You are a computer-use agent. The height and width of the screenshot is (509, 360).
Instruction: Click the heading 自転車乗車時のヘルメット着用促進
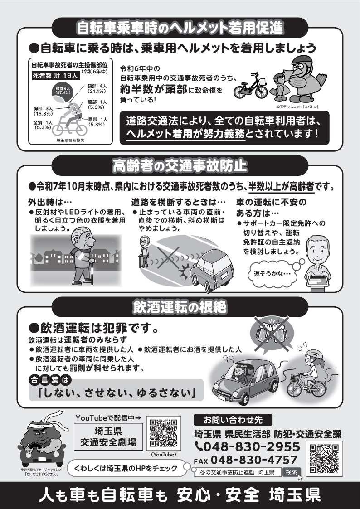click(180, 27)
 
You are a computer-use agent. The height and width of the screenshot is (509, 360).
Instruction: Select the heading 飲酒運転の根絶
click(180, 306)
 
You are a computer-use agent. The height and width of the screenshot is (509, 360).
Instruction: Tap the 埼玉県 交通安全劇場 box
click(107, 435)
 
